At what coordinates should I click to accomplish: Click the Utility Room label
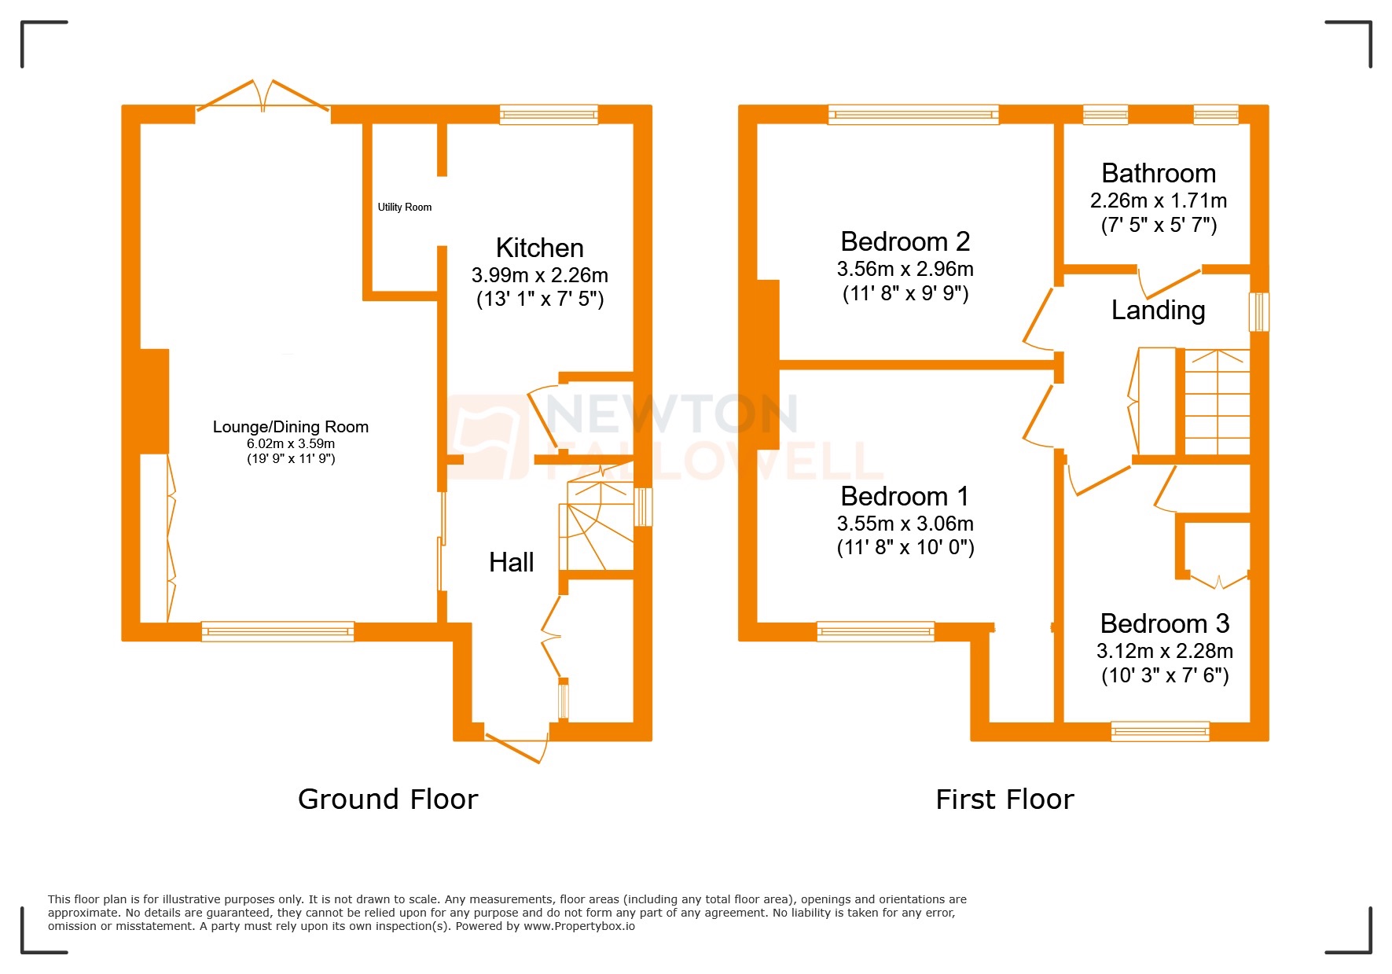tap(404, 208)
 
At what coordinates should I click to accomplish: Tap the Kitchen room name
tap(539, 248)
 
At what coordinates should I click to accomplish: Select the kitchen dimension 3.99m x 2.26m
tap(539, 275)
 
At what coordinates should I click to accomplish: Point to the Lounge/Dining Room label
tap(290, 427)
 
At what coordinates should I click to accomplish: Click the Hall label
tap(511, 562)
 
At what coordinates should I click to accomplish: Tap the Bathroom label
tap(1158, 173)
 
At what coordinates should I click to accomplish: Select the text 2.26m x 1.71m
tap(1158, 200)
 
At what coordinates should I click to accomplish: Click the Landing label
tap(1158, 310)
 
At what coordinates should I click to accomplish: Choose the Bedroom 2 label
tap(905, 241)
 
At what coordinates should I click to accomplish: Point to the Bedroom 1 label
tap(905, 496)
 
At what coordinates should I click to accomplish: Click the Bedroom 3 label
tap(1164, 623)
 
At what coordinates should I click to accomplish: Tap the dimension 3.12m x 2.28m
tap(1164, 651)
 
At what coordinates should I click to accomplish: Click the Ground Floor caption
tap(387, 799)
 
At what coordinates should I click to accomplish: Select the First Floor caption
tap(1004, 799)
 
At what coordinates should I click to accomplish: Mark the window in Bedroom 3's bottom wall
tap(1159, 731)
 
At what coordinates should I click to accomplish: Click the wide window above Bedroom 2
tap(913, 115)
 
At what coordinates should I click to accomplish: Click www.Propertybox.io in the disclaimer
tap(578, 926)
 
